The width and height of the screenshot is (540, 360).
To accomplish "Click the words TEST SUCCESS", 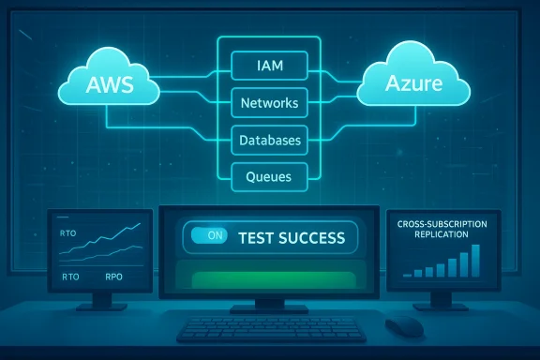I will [291, 238].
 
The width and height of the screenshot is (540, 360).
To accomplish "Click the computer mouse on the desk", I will [404, 325].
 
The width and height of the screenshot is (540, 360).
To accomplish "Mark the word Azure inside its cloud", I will [412, 84].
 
